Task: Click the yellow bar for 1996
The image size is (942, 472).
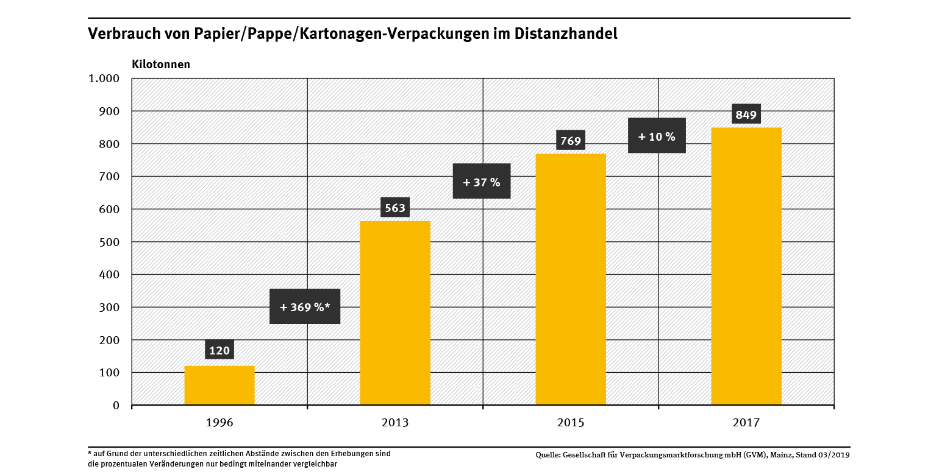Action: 219,385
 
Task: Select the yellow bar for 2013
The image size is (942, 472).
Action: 395,312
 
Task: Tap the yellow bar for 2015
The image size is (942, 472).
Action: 571,279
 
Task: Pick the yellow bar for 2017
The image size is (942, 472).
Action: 746,266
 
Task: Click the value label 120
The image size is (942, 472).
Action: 219,350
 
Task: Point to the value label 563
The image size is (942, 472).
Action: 395,208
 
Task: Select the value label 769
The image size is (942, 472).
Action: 571,141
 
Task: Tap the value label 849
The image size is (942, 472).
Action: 746,114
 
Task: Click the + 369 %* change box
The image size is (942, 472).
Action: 305,306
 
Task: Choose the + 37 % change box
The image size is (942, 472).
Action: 482,181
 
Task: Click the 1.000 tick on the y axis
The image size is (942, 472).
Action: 104,79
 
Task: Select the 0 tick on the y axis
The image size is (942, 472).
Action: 116,405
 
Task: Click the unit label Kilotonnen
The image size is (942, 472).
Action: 161,64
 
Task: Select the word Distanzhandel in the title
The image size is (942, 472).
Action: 566,34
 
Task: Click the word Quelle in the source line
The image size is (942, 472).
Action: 548,455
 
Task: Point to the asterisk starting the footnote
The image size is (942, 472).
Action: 90,453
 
